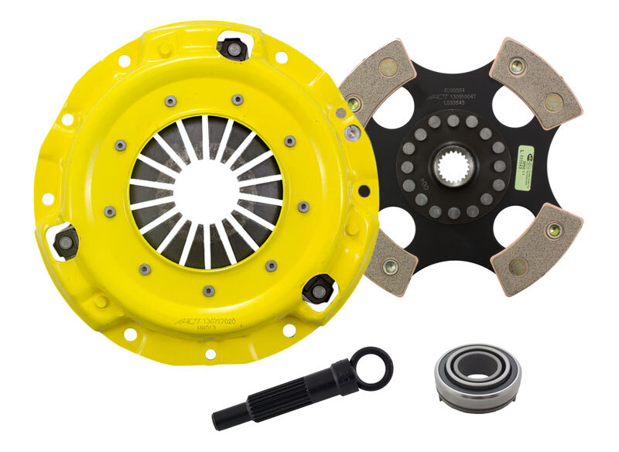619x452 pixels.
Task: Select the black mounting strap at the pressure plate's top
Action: pos(231,49)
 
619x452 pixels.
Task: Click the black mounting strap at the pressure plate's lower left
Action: pos(67,241)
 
